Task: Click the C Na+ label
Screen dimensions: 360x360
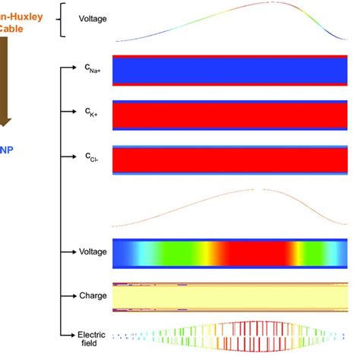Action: [x=96, y=69]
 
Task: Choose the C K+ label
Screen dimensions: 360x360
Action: [x=95, y=113]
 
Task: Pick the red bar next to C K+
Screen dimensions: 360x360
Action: [x=229, y=115]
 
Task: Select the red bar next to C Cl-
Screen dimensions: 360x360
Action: [x=229, y=159]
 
